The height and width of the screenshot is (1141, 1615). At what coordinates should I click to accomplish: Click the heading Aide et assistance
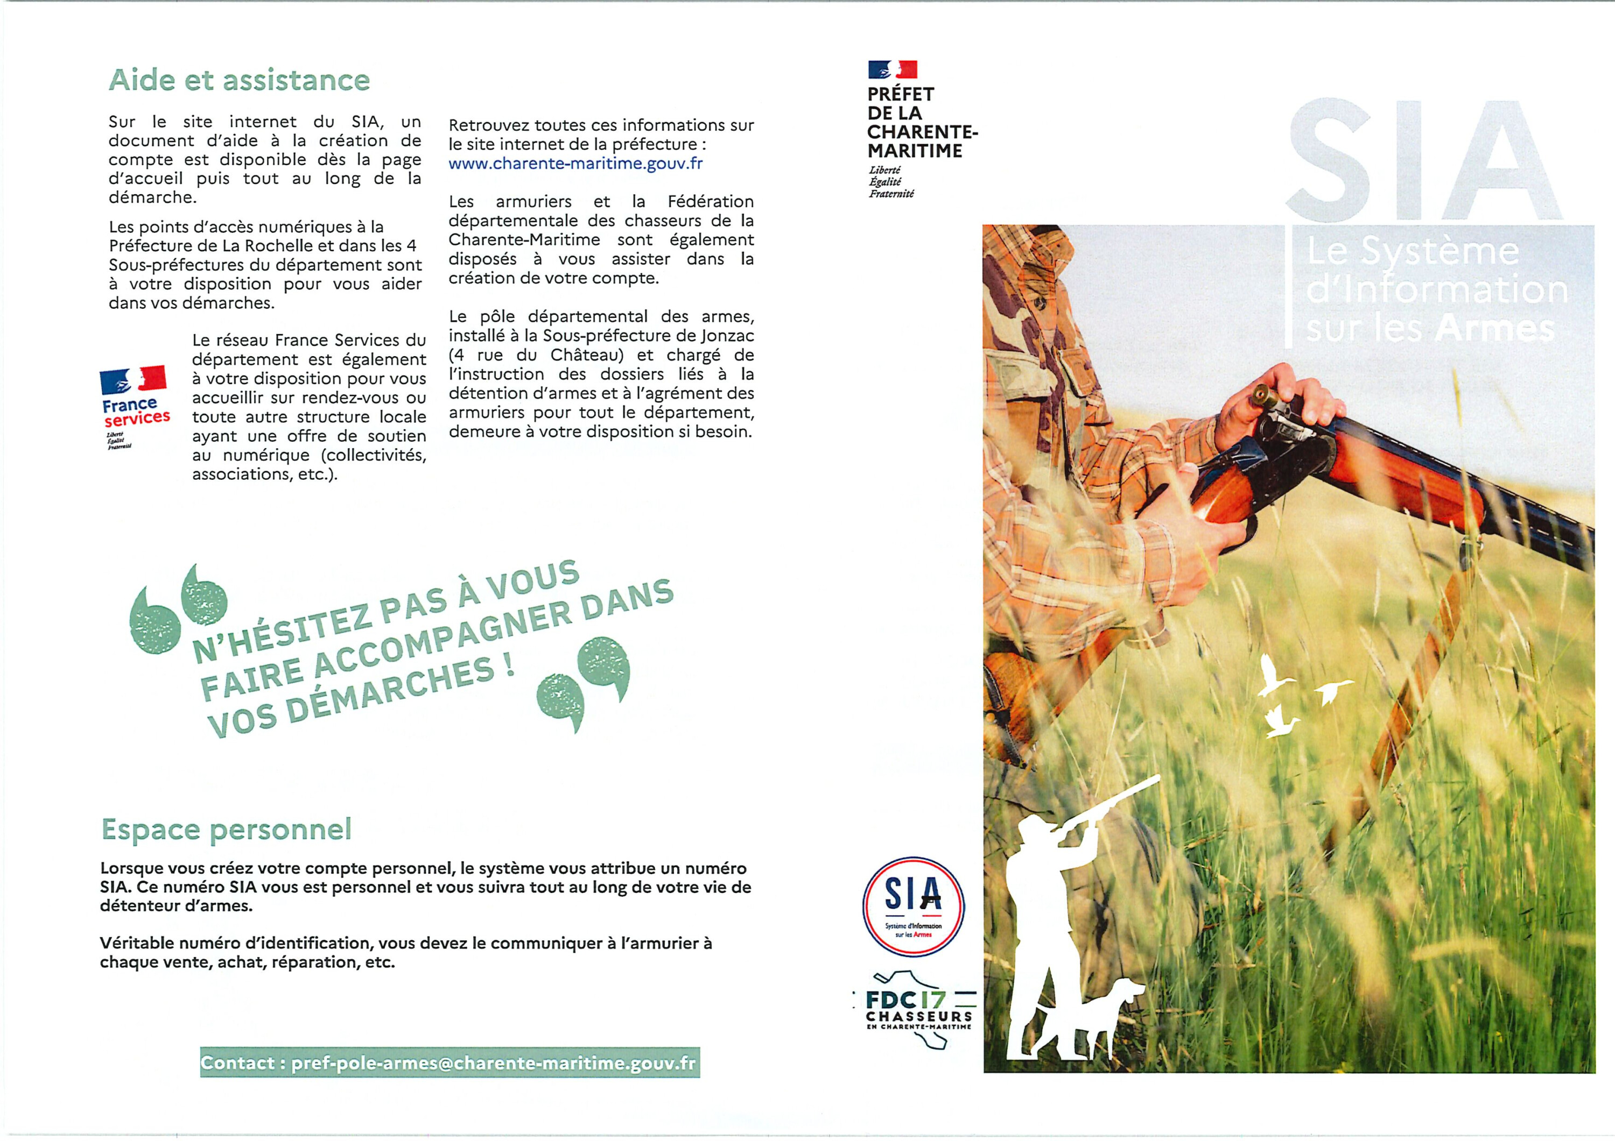(x=239, y=80)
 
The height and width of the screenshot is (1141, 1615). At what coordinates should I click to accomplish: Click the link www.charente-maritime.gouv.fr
(x=575, y=164)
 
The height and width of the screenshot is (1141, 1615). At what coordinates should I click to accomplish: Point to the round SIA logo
(x=913, y=908)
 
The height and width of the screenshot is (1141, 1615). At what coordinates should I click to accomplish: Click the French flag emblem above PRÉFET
(x=893, y=69)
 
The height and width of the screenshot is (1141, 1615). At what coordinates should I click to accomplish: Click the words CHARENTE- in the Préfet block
(x=922, y=132)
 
